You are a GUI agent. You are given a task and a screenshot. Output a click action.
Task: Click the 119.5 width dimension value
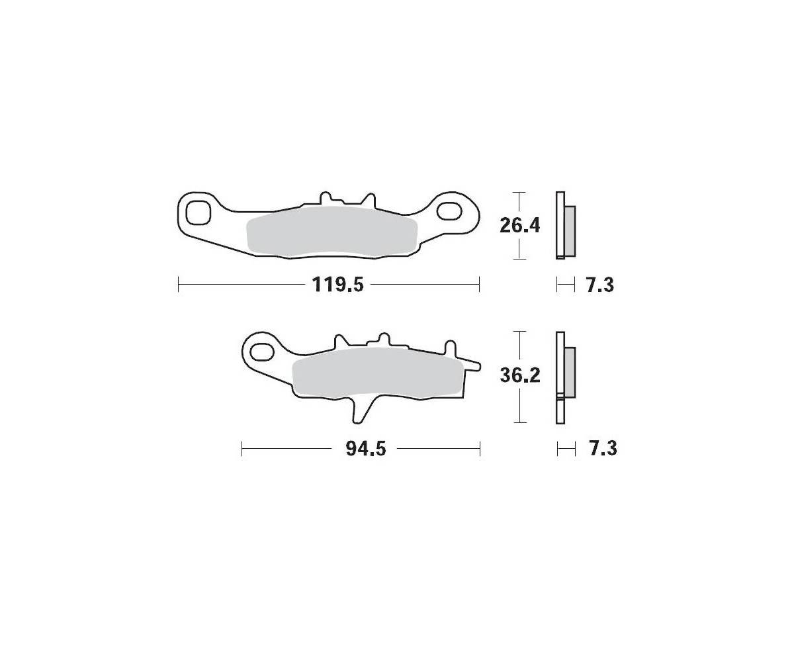(x=337, y=285)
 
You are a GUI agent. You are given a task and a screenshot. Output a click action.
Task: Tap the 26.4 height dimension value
(x=519, y=226)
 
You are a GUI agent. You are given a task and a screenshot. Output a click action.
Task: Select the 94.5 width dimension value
(x=366, y=449)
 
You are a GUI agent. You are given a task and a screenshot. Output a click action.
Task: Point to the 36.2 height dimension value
(x=520, y=376)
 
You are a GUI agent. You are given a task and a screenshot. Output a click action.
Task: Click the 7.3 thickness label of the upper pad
(x=600, y=285)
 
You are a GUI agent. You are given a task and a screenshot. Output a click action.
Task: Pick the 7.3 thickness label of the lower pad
(x=603, y=449)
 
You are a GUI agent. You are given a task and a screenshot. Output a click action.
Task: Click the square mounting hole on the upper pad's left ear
(x=198, y=213)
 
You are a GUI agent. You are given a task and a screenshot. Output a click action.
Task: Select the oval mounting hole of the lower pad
(x=262, y=352)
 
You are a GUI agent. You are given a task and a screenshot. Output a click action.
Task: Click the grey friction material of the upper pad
(x=332, y=231)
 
